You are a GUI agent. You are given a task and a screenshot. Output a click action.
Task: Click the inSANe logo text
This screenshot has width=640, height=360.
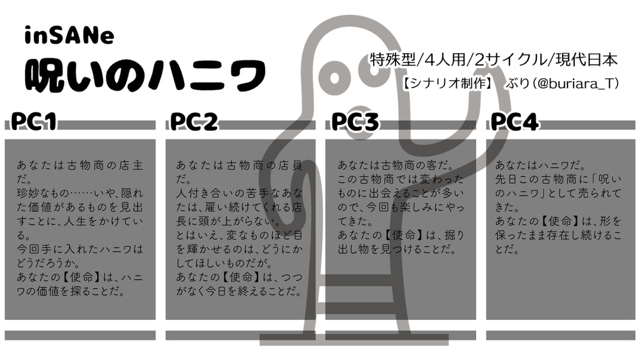click(x=69, y=36)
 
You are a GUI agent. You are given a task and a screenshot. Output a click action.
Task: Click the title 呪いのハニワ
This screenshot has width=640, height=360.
click(x=145, y=76)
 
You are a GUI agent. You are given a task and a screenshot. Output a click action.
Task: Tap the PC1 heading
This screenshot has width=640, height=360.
click(x=34, y=121)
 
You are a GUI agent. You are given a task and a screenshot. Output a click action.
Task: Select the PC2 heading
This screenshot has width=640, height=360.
click(x=194, y=121)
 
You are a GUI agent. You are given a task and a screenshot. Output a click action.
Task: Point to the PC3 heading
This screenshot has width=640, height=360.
click(x=355, y=121)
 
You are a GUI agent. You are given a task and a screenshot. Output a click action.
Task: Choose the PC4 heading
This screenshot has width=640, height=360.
click(x=514, y=121)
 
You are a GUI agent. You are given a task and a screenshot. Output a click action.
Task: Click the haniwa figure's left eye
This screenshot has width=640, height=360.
click(x=335, y=77)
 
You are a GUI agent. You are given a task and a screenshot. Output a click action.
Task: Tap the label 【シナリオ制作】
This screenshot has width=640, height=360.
click(x=447, y=84)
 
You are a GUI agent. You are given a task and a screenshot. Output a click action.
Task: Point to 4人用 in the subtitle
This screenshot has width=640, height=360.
click(x=445, y=60)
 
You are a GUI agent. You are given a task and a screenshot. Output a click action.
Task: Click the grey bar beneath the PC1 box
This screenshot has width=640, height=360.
click(x=81, y=336)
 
